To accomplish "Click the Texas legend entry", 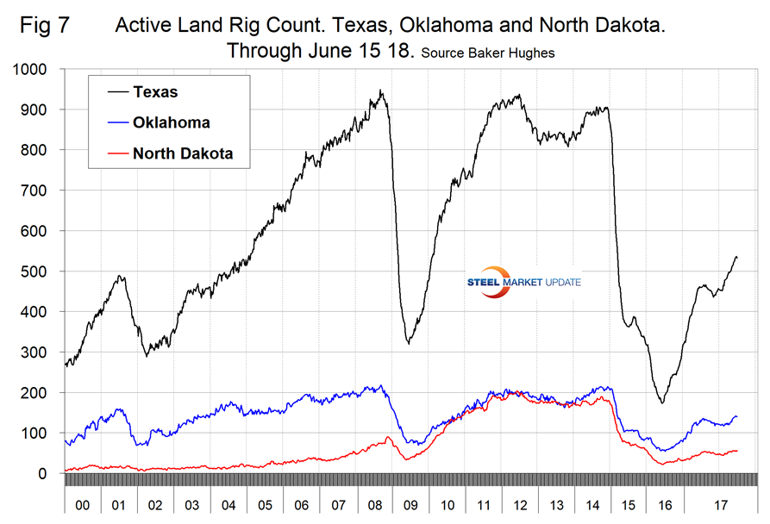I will pyautogui.click(x=155, y=91).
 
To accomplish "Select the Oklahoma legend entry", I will pyautogui.click(x=171, y=122).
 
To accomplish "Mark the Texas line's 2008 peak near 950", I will pyautogui.click(x=381, y=90).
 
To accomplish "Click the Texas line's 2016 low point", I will pyautogui.click(x=662, y=402).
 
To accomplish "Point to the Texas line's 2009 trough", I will pyautogui.click(x=408, y=343).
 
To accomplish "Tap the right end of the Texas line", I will pyautogui.click(x=736, y=258).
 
